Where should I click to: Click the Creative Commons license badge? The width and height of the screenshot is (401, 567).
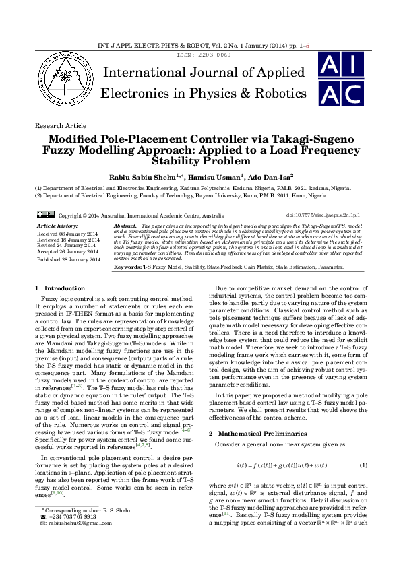pyautogui.click(x=46, y=214)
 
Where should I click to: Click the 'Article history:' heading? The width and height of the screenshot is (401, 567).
pyautogui.click(x=57, y=224)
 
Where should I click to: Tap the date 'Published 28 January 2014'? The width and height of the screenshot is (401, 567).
pyautogui.click(x=68, y=259)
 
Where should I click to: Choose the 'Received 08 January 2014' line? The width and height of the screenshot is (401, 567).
pyautogui.click(x=67, y=233)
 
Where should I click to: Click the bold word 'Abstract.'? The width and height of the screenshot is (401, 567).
pyautogui.click(x=127, y=224)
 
